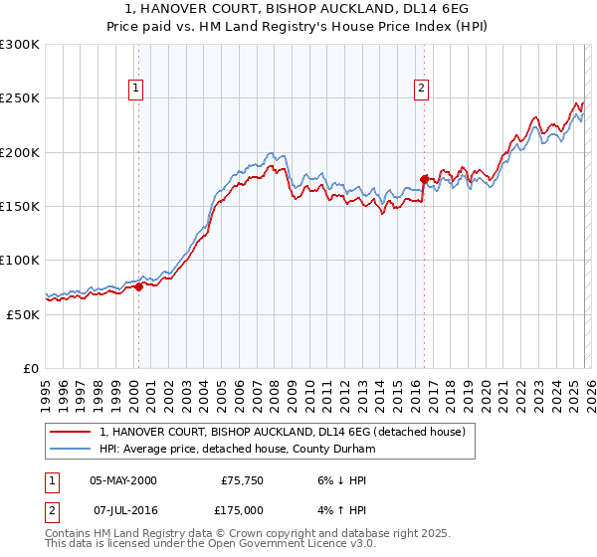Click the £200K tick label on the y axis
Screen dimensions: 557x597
coord(20,152)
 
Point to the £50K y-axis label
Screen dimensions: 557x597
coord(23,313)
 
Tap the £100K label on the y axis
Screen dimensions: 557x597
coord(20,260)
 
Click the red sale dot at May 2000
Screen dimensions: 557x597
coord(138,286)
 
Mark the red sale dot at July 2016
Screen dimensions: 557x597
coord(424,180)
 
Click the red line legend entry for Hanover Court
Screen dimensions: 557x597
coord(289,433)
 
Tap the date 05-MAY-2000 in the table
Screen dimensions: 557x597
coord(123,480)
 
